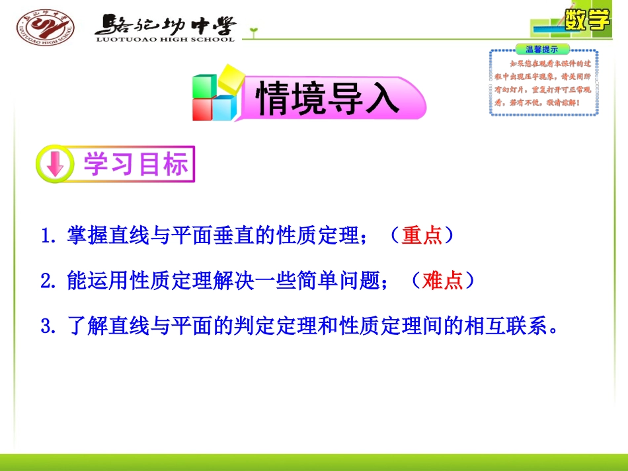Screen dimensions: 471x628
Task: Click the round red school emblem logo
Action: pos(45,27)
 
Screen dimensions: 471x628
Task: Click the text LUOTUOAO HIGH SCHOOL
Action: pos(165,40)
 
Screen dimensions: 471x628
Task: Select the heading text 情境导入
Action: pos(328,100)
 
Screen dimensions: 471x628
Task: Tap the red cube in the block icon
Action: pos(202,109)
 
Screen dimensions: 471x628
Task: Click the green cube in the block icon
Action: pos(204,85)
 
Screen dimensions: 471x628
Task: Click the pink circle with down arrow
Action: pos(55,164)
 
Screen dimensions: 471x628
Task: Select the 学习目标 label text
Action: pos(135,164)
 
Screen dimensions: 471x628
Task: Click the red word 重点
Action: pos(421,236)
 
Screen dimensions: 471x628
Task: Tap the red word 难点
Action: pos(442,281)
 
